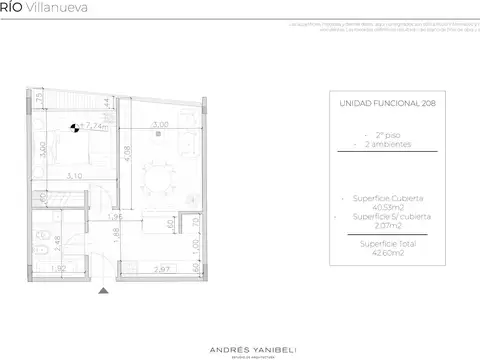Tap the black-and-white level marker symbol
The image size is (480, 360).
(76, 127)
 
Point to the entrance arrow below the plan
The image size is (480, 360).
(104, 290)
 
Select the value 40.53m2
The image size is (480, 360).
(386, 207)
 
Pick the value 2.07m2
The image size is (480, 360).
(386, 226)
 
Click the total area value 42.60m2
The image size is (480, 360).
(386, 253)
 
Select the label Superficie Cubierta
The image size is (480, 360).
(386, 198)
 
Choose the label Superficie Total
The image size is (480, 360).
(386, 244)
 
